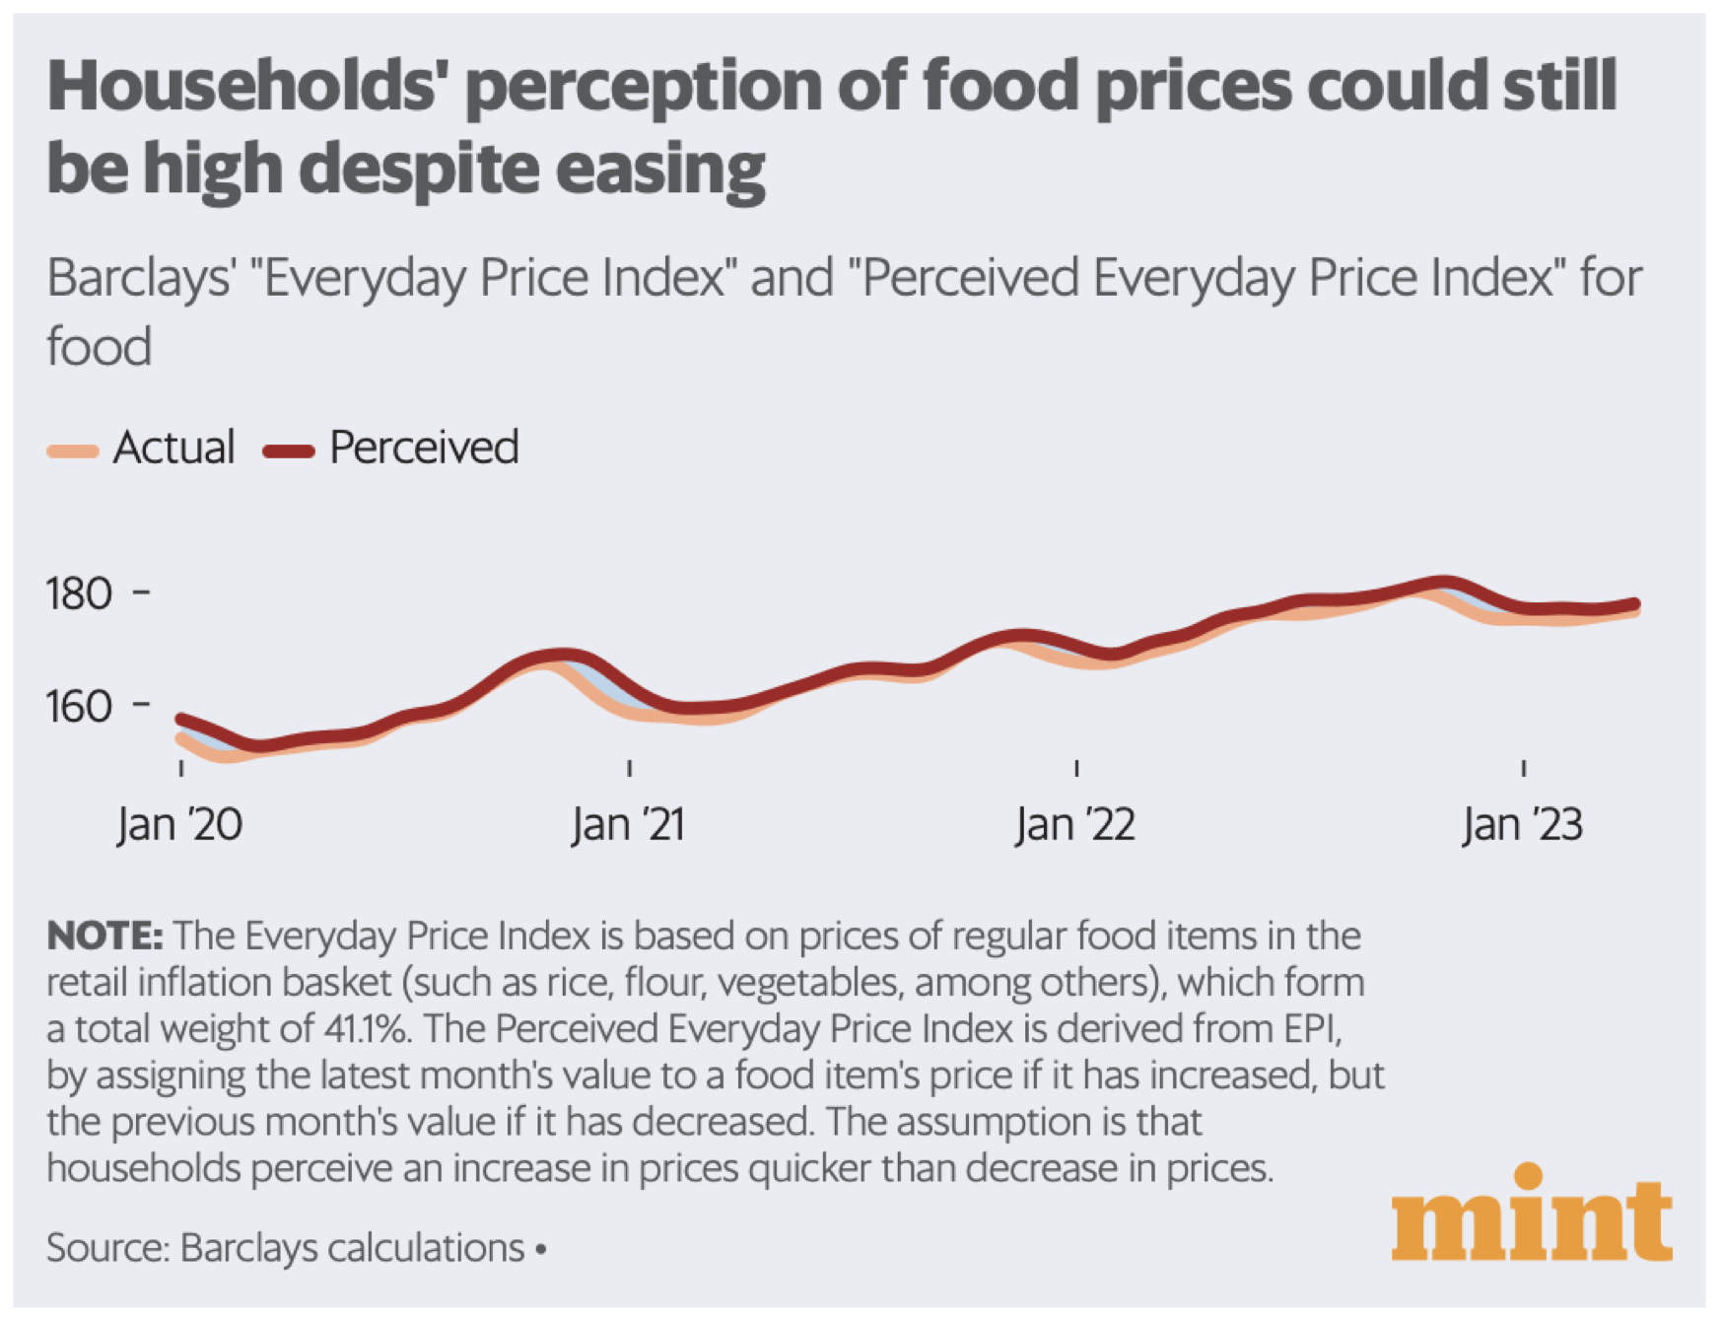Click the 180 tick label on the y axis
pos(79,593)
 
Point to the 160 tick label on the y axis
pos(79,707)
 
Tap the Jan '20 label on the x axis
pos(179,824)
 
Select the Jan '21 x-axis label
pos(628,824)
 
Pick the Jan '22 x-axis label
pos(1075,824)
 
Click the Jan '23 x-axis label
pos(1523,824)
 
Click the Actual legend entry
pos(173,448)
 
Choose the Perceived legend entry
pos(424,448)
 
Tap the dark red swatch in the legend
pos(289,452)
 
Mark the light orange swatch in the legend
pos(73,452)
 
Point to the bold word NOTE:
pos(104,936)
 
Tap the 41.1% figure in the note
pos(366,1029)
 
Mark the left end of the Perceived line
pos(180,719)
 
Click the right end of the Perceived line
pos(1635,603)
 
